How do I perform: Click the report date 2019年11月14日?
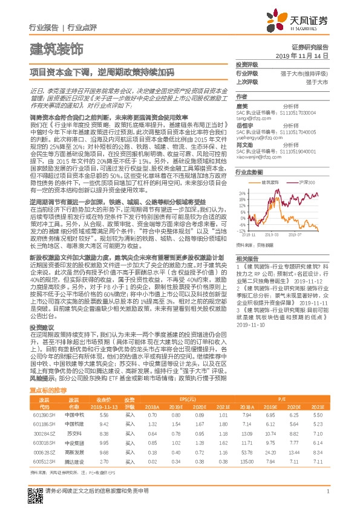click(306, 55)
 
